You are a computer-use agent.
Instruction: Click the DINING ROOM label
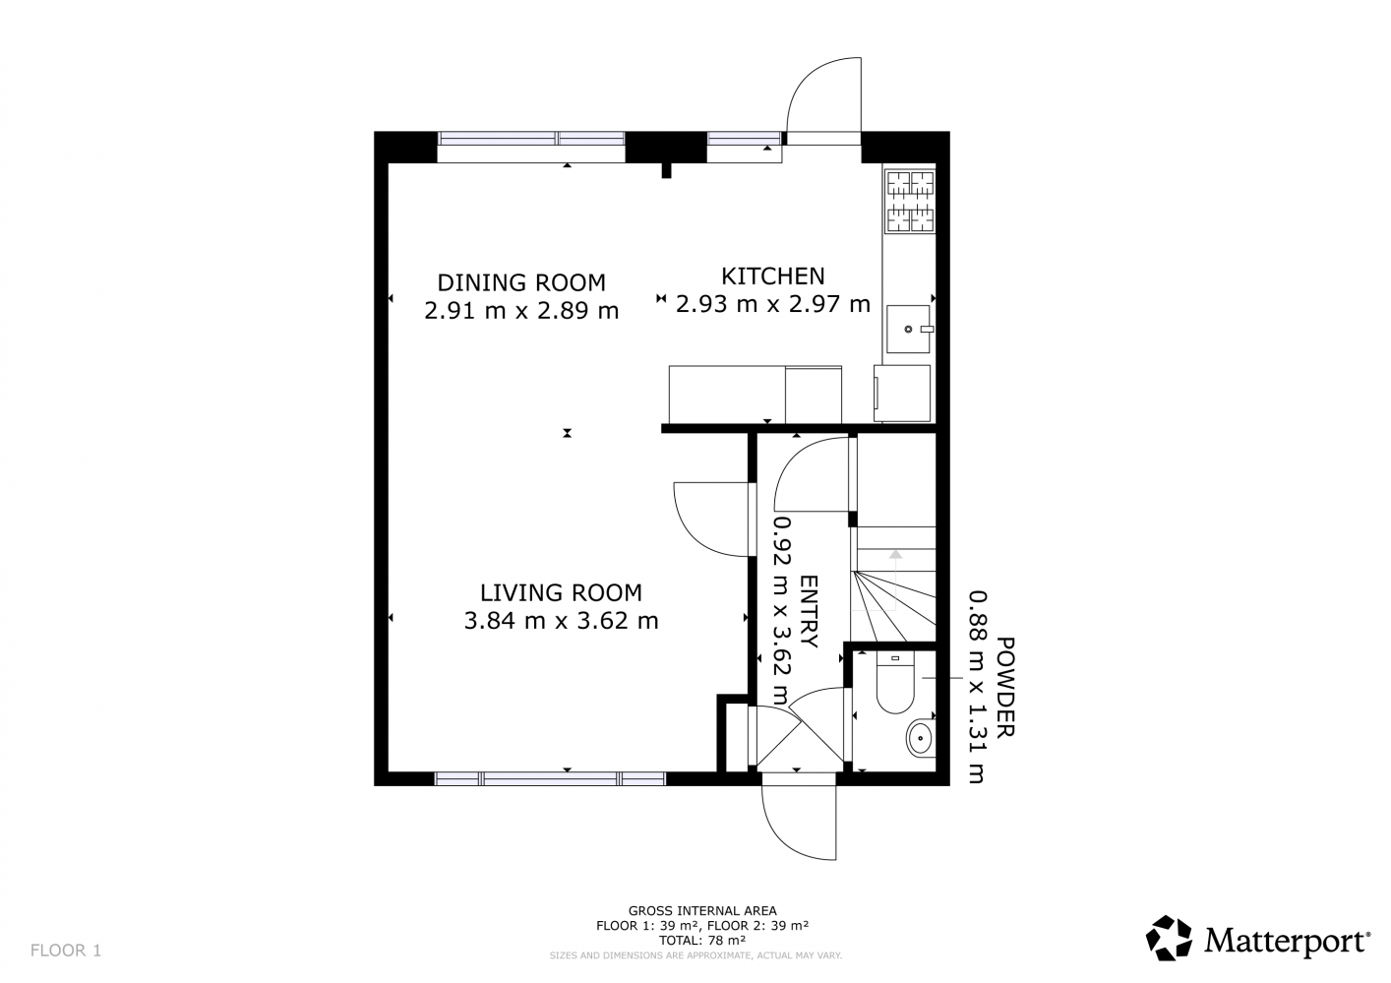521,282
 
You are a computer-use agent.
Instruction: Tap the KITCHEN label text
772,276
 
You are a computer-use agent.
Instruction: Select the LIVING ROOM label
561,592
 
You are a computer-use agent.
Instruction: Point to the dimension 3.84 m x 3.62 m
561,620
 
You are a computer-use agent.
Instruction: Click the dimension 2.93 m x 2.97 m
772,304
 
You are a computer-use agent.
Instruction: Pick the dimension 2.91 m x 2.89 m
521,310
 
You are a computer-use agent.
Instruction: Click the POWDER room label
1005,687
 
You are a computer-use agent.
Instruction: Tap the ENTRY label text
809,612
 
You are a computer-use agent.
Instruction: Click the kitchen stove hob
910,202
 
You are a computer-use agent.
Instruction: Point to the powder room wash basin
921,738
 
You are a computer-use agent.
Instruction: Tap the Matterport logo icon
1169,938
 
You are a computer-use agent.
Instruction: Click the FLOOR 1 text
66,951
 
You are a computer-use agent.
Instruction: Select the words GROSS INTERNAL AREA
702,911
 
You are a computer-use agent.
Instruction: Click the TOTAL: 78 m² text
702,940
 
